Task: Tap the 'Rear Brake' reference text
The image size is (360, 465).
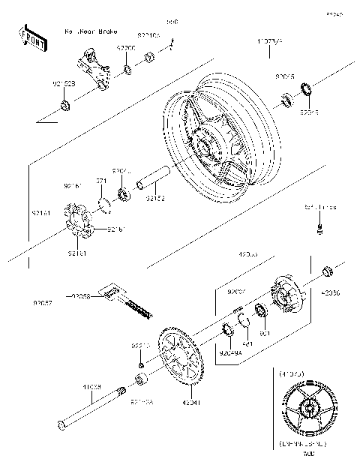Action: click(x=91, y=32)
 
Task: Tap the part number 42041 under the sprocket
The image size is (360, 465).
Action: click(x=190, y=403)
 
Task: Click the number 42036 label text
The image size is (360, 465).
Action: click(x=330, y=295)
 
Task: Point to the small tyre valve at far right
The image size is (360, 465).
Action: click(x=321, y=226)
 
